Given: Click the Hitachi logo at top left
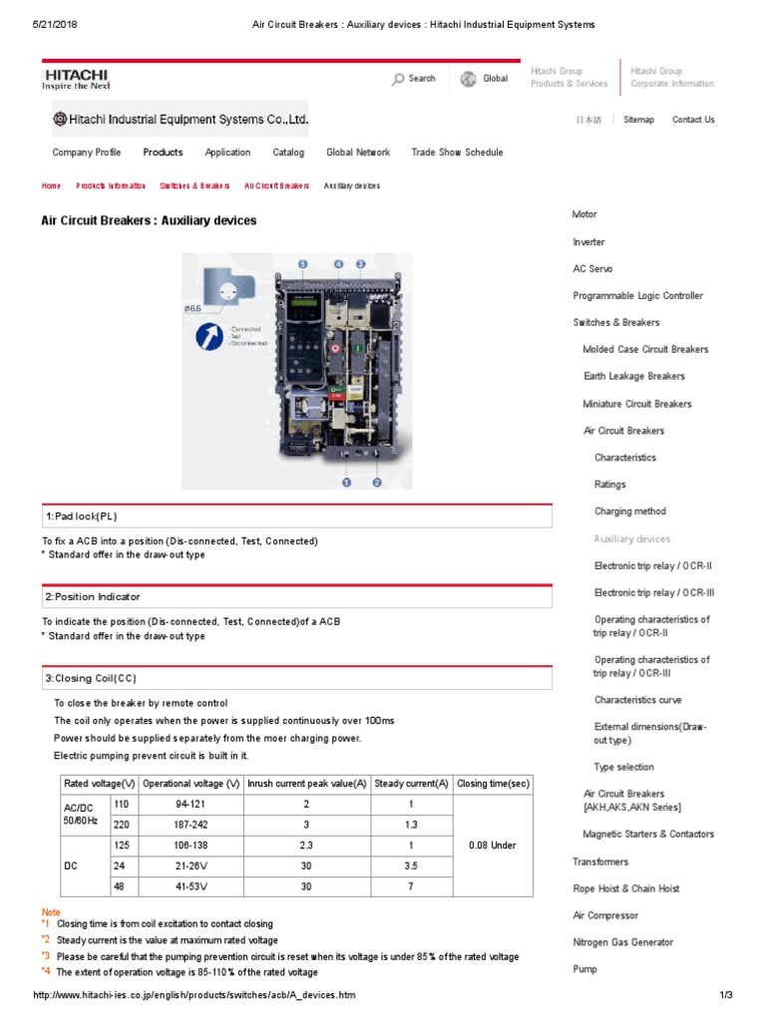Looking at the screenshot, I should click(x=76, y=78).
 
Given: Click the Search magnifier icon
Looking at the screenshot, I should click(x=398, y=79).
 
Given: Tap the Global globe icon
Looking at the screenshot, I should click(x=468, y=79).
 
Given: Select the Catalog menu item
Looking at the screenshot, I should click(x=288, y=153).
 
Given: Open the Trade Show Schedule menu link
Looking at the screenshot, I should click(x=457, y=153).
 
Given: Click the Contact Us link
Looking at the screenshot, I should click(x=693, y=120).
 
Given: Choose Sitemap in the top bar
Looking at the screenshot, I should click(x=638, y=120).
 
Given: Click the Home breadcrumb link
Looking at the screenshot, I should click(x=51, y=186).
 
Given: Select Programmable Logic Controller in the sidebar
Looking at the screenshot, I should click(x=637, y=296).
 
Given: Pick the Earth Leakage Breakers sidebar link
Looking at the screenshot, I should click(x=633, y=377).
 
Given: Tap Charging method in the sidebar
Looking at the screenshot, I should click(x=629, y=511).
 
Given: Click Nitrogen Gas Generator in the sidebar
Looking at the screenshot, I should click(x=622, y=942).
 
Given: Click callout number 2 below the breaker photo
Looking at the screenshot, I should click(x=377, y=483).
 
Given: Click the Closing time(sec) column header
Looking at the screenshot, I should click(x=493, y=784).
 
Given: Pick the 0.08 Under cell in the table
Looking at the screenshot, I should click(x=493, y=846).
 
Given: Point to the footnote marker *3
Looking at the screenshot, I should click(x=46, y=956).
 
